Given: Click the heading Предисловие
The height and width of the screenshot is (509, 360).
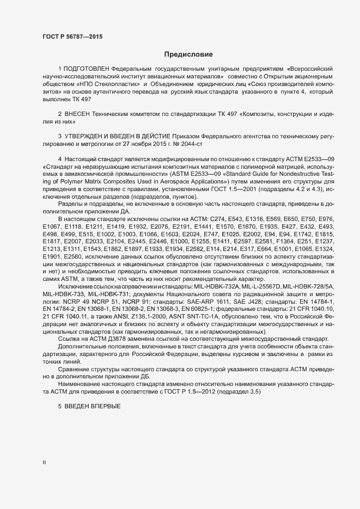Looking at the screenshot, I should (189, 54).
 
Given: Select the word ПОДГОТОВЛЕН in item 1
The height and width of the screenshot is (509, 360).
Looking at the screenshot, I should (87, 70).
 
